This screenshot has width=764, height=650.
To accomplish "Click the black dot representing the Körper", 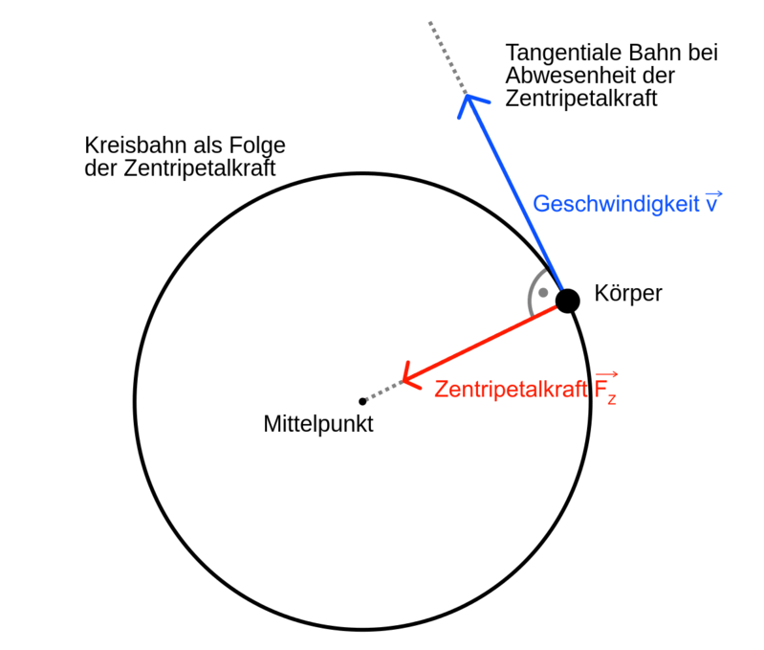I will tap(568, 300).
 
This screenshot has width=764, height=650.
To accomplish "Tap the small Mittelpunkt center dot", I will tap(361, 401).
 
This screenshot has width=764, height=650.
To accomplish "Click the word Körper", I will tap(627, 293).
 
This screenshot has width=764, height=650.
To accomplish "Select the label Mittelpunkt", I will tap(318, 423).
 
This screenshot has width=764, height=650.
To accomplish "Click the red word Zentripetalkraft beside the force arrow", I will tap(512, 390).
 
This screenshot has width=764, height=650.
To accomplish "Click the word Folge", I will tap(261, 146).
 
